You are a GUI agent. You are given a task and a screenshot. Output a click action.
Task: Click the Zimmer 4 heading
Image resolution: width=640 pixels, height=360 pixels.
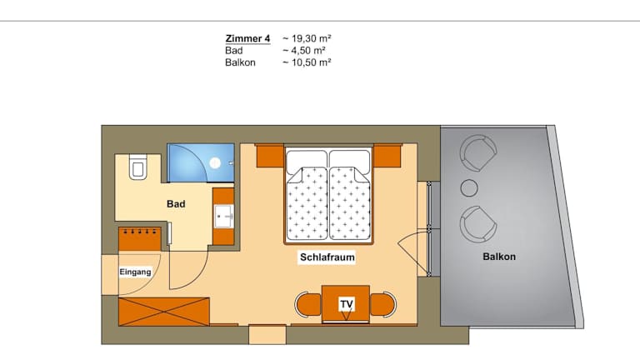click(x=247, y=38)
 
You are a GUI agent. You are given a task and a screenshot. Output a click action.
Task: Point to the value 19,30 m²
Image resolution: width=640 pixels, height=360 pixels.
click(x=307, y=38)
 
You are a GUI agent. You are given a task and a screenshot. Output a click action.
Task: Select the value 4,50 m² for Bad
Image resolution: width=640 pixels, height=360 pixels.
click(x=303, y=51)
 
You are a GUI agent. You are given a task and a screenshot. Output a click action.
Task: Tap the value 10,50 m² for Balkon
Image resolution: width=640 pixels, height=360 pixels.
click(x=307, y=62)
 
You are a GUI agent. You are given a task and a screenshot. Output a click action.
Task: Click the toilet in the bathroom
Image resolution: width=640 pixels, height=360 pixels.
click(x=138, y=167)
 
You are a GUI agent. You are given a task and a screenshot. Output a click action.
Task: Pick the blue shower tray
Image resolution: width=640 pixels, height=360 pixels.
click(x=201, y=162)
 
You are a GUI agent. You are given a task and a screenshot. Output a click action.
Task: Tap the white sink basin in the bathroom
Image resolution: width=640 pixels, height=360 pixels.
click(x=223, y=216)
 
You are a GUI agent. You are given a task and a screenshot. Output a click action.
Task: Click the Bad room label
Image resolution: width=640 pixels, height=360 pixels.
click(x=176, y=203)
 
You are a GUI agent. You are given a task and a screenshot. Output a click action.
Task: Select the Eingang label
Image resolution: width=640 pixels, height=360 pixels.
click(x=135, y=272)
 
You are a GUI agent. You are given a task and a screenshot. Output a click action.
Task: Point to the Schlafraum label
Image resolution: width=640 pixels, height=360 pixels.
click(x=327, y=257)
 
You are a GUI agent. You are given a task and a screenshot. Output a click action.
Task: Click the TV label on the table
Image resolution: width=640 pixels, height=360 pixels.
click(x=347, y=304)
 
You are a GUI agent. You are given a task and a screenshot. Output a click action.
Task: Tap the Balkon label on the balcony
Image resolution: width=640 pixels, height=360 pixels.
click(x=499, y=257)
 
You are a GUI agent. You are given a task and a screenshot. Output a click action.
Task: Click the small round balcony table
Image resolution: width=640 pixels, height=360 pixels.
click(x=469, y=187)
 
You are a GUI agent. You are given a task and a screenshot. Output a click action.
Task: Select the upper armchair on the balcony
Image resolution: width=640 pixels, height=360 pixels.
click(x=478, y=152)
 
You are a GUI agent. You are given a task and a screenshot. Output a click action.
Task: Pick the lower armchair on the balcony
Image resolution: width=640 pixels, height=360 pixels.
click(x=478, y=224)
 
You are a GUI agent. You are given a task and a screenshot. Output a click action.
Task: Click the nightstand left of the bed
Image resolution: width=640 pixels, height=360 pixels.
click(x=270, y=156)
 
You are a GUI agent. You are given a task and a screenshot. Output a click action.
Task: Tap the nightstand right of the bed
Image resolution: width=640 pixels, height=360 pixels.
click(x=387, y=156)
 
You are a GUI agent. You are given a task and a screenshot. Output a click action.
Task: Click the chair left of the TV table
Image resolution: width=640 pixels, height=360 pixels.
click(x=308, y=304)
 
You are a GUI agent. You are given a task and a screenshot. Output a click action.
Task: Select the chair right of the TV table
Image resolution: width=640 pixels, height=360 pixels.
click(x=382, y=304)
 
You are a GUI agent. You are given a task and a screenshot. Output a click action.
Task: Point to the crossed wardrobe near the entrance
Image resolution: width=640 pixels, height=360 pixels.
click(x=163, y=312)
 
